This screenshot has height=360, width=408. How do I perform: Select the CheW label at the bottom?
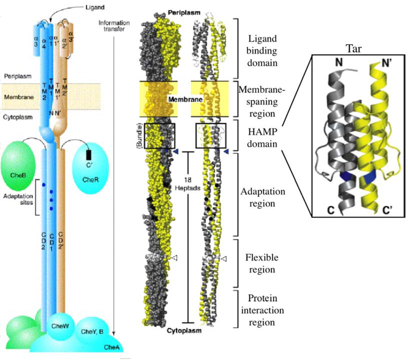(x=60, y=326)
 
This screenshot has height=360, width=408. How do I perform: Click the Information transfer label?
(x=114, y=26)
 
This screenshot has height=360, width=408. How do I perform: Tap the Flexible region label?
(x=262, y=263)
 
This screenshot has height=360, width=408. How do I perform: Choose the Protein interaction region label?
(x=262, y=310)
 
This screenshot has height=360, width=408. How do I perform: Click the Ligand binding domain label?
(x=262, y=51)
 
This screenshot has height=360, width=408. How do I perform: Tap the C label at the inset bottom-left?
(x=330, y=210)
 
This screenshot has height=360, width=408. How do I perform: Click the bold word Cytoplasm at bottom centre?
(x=184, y=330)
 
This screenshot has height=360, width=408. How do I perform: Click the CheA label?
(x=110, y=347)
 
